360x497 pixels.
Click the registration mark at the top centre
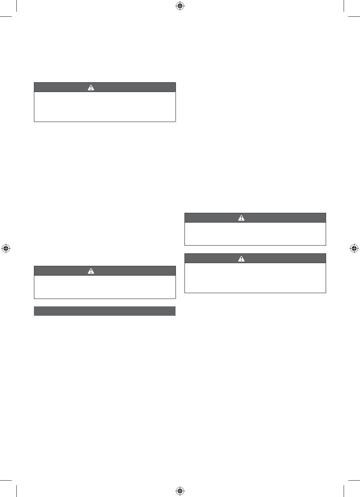pos(180,5)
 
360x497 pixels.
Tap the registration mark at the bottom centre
pos(180,490)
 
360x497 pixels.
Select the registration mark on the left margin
pos(5,248)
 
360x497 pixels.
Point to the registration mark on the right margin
pos(354,248)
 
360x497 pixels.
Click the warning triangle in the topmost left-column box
pos(91,88)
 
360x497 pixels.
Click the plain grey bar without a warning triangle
pos(105,311)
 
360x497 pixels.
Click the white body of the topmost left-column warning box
pos(105,107)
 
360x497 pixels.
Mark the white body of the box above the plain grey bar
pos(105,287)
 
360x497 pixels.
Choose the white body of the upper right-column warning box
pos(255,233)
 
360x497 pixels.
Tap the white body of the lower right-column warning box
pos(255,278)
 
